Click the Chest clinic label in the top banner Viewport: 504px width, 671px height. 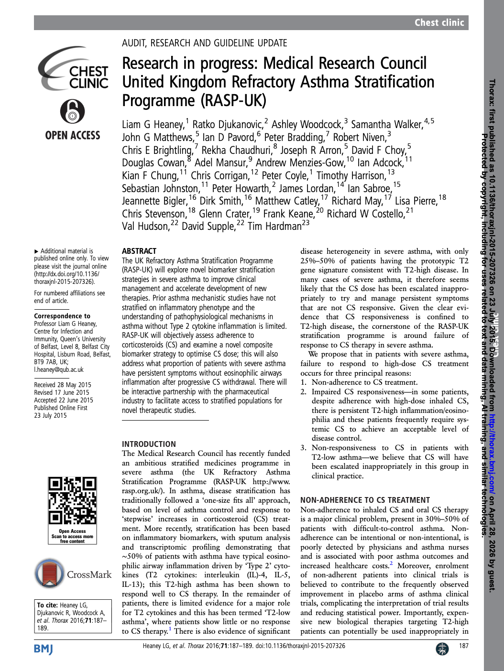(x=439, y=22)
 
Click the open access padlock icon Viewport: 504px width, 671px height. (x=72, y=112)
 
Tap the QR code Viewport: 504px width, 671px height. (x=73, y=501)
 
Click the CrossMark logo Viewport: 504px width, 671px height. (x=73, y=574)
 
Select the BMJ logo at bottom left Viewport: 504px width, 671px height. (x=43, y=649)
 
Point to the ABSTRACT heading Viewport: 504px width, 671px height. (x=139, y=251)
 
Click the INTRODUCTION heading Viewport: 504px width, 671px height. (x=149, y=444)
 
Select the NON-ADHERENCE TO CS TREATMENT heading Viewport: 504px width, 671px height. (x=365, y=500)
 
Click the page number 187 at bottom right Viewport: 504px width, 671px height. (x=463, y=646)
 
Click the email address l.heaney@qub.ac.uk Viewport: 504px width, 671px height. (x=59, y=369)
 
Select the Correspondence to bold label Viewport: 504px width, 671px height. (x=62, y=316)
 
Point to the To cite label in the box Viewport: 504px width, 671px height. (x=48, y=605)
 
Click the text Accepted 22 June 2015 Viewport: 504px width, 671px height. (x=64, y=400)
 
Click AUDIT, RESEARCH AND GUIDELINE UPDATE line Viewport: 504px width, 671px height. (x=204, y=43)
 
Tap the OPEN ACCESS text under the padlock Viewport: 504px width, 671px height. (x=73, y=136)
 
